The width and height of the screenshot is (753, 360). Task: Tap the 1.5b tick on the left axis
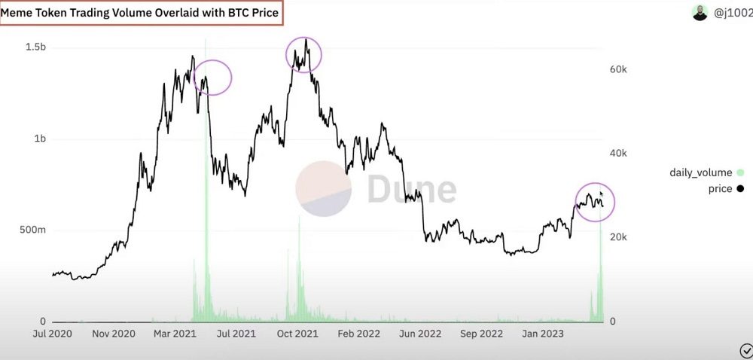[36, 47]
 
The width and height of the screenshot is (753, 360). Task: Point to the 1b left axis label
[40, 139]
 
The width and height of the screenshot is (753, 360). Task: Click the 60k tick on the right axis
[618, 69]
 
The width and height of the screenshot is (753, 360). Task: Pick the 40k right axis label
[618, 154]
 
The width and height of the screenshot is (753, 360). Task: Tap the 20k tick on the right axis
[618, 237]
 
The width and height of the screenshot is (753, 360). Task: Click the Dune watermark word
[411, 189]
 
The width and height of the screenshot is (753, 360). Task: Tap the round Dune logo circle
[323, 188]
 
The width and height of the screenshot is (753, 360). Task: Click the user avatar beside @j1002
[700, 13]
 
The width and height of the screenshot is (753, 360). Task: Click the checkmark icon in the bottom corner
[746, 350]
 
